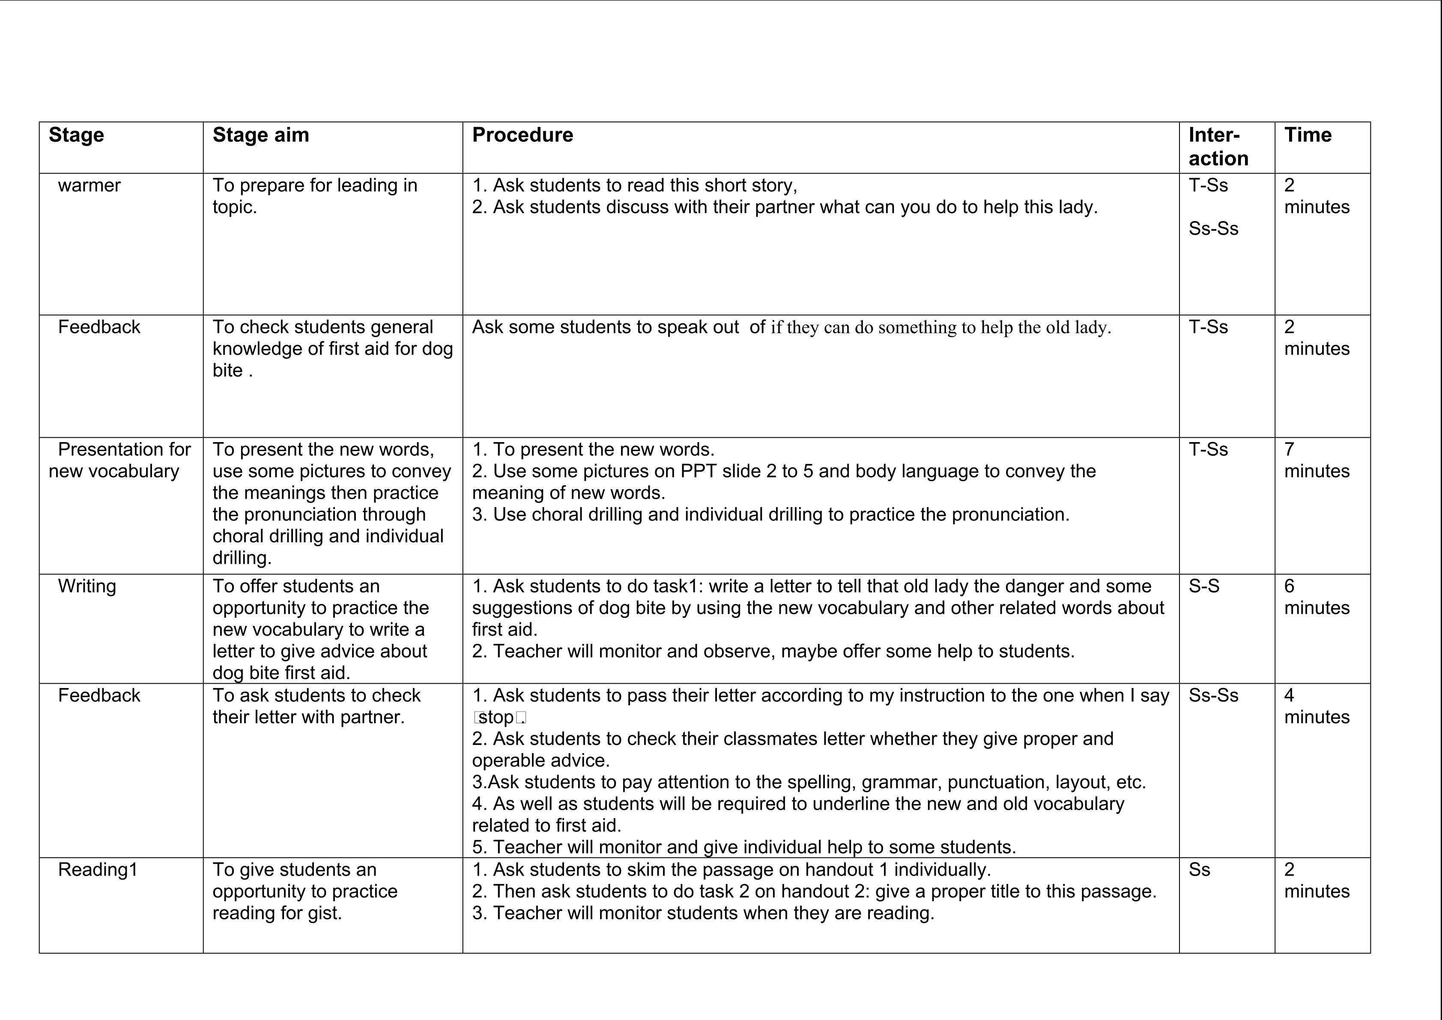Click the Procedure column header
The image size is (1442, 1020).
[x=522, y=135]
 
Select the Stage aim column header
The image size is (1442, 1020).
[x=261, y=135]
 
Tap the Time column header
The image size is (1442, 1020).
[x=1308, y=135]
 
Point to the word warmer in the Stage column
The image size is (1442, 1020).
[x=89, y=185]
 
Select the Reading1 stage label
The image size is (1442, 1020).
[x=97, y=870]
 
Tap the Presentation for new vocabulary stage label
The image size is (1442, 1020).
[x=119, y=461]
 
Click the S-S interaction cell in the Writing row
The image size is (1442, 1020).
[x=1204, y=586]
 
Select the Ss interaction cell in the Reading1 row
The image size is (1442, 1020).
[x=1199, y=870]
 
